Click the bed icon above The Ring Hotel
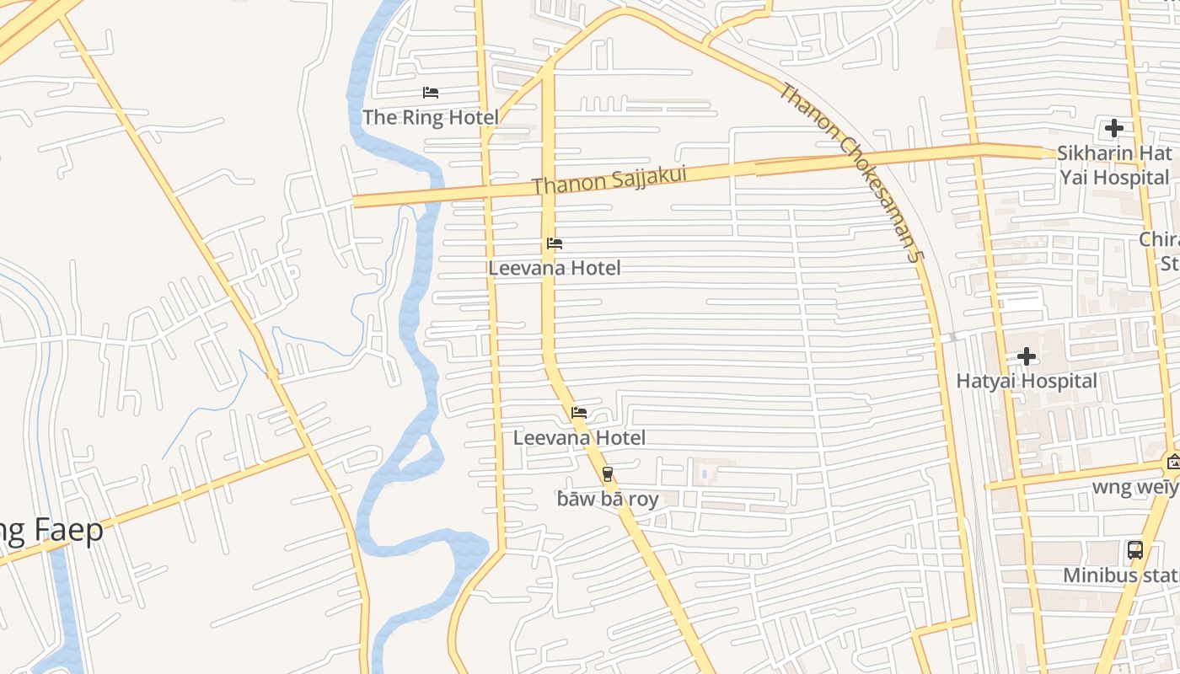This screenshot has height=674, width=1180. tap(431, 92)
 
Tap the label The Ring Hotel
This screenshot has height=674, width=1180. tap(431, 117)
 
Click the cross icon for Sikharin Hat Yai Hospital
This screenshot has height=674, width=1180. tap(1114, 129)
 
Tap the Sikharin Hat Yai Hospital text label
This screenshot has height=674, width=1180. tap(1114, 165)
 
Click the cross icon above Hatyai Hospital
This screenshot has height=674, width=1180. tap(1027, 356)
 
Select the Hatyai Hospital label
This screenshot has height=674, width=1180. tap(1027, 381)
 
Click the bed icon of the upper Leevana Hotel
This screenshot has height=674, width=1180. tap(555, 243)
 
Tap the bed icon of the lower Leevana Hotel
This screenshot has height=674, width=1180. tap(579, 413)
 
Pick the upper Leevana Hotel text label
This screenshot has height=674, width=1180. tap(555, 268)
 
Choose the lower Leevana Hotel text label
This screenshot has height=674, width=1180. tap(579, 437)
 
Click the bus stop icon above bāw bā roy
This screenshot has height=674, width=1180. tap(608, 474)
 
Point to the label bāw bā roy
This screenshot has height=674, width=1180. tap(608, 499)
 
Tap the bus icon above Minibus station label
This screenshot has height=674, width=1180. tap(1135, 551)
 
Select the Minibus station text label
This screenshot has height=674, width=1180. tap(1121, 575)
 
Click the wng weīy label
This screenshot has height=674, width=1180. tap(1134, 487)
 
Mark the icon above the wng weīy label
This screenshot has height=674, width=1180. tap(1172, 461)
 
